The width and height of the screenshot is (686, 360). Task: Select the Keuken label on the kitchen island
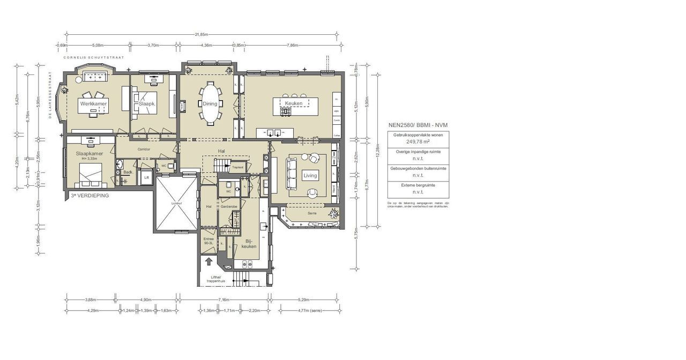[x=294, y=103]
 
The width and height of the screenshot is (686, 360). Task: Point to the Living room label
[x=310, y=175]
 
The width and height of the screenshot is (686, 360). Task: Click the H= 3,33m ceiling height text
[x=89, y=159]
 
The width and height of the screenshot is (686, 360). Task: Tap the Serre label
[x=311, y=213]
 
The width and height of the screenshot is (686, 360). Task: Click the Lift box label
[x=145, y=177]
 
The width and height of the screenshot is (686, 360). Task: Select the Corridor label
[x=144, y=149]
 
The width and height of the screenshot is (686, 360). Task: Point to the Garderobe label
[x=229, y=206]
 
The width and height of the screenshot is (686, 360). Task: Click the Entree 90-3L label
[x=208, y=241]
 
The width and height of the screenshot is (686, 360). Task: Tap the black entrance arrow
[x=208, y=262]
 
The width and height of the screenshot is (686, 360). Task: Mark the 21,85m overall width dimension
[x=202, y=35]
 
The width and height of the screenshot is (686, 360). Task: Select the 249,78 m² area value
[x=418, y=142]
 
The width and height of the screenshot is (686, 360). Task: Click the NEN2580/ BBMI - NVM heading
[x=418, y=125]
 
